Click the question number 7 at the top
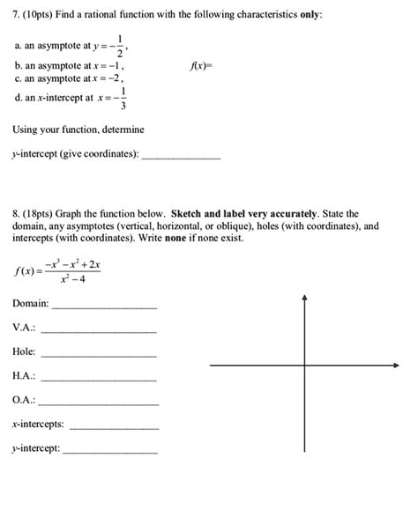click(x=15, y=16)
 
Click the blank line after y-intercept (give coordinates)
click(x=181, y=158)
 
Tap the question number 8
click(x=15, y=214)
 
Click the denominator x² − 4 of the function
click(x=73, y=279)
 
